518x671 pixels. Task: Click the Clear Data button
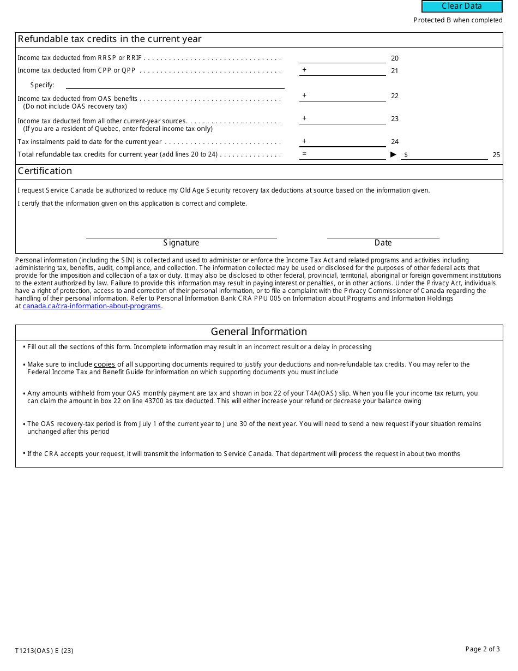click(462, 6)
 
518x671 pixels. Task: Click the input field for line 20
click(342, 58)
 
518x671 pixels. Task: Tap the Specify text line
click(174, 85)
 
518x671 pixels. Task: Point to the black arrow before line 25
click(394, 154)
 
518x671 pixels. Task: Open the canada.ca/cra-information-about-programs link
click(92, 306)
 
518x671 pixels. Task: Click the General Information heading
click(259, 332)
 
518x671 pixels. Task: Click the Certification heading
click(45, 171)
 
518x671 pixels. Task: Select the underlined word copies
click(104, 364)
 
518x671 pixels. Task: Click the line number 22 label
click(395, 96)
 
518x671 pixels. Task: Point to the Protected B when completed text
click(457, 20)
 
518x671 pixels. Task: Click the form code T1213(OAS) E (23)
click(44, 650)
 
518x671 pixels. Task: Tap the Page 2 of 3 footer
click(482, 649)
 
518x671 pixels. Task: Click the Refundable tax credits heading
click(110, 39)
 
